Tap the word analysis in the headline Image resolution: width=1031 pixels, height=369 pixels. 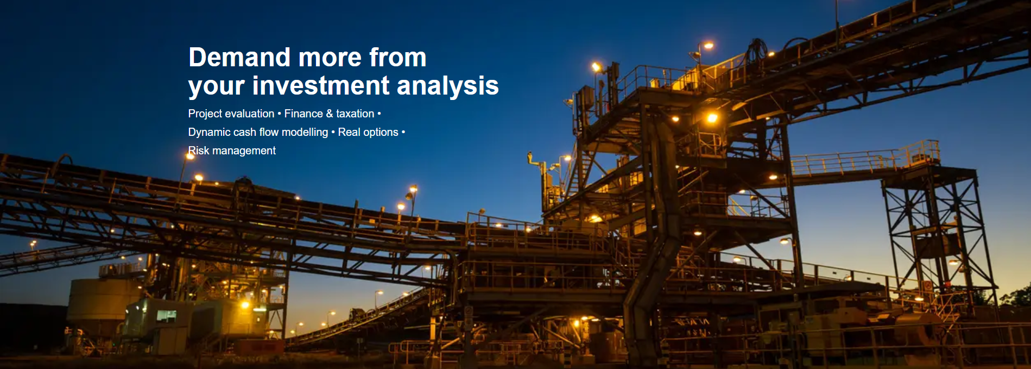(448, 86)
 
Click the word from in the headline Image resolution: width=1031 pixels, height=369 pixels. (398, 57)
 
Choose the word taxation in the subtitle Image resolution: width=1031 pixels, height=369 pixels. (355, 114)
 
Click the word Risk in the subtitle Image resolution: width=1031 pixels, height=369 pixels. (199, 151)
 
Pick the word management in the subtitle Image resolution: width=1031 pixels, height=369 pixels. (244, 151)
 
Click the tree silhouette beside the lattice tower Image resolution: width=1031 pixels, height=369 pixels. (1015, 297)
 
